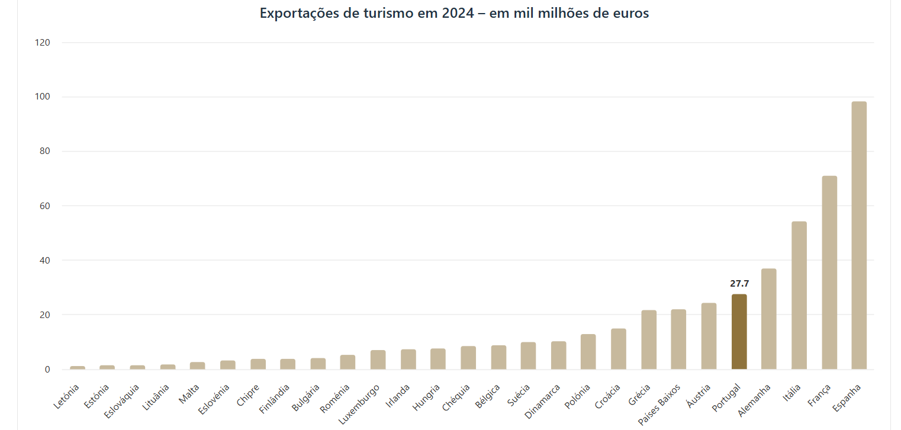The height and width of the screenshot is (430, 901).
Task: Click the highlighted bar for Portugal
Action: point(739,332)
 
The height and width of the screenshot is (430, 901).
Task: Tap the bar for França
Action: point(829,272)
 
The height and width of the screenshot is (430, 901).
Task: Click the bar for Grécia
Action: point(649,340)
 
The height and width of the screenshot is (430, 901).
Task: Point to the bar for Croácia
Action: point(619,349)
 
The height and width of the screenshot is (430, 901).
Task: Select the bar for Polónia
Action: point(588,352)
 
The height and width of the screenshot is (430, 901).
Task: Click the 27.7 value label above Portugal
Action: point(739,284)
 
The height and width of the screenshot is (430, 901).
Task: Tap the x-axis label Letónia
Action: point(67,396)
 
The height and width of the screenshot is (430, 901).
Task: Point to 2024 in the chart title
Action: point(458,13)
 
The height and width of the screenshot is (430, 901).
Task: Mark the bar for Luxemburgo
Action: point(378,360)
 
